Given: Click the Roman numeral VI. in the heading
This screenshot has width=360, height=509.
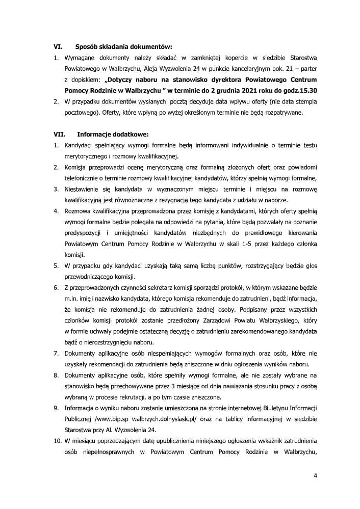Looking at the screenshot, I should point(58,46).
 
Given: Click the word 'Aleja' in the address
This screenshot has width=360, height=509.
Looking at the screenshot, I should point(148,68).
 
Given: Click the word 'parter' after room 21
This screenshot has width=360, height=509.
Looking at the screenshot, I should point(306,68).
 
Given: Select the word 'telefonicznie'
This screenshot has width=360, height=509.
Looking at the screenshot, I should point(84,178).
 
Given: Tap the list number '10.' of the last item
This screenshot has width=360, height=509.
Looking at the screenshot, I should point(58,441).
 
